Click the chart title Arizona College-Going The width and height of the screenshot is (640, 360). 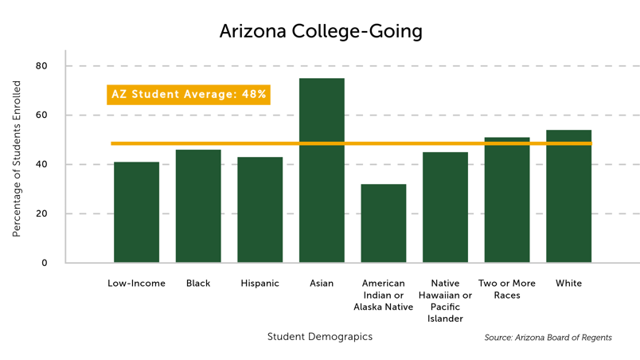point(320,31)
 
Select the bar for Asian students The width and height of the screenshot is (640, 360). point(322,170)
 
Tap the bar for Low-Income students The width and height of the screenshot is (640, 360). point(136,213)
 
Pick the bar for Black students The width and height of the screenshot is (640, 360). point(198,206)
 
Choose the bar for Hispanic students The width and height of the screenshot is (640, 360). point(260,210)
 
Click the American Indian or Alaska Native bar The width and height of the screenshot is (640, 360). point(384,224)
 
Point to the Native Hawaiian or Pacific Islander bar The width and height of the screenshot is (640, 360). point(445,208)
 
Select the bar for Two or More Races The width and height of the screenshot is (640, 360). point(507,201)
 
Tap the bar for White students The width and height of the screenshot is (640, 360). point(568,197)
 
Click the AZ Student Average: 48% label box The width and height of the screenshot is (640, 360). point(189,95)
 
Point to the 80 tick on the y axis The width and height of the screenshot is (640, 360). point(41,66)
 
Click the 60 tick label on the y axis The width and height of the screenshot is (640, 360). point(41,115)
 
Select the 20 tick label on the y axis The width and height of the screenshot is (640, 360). point(41,213)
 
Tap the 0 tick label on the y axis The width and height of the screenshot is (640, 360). point(45,263)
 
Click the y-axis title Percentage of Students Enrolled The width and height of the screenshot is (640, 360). point(17,158)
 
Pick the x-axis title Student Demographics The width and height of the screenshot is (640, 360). point(320,337)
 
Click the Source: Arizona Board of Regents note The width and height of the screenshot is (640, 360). point(548,338)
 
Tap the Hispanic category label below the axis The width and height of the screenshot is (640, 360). point(260,284)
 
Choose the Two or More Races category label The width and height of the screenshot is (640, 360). point(507,289)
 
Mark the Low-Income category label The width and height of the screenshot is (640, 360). point(136,284)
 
